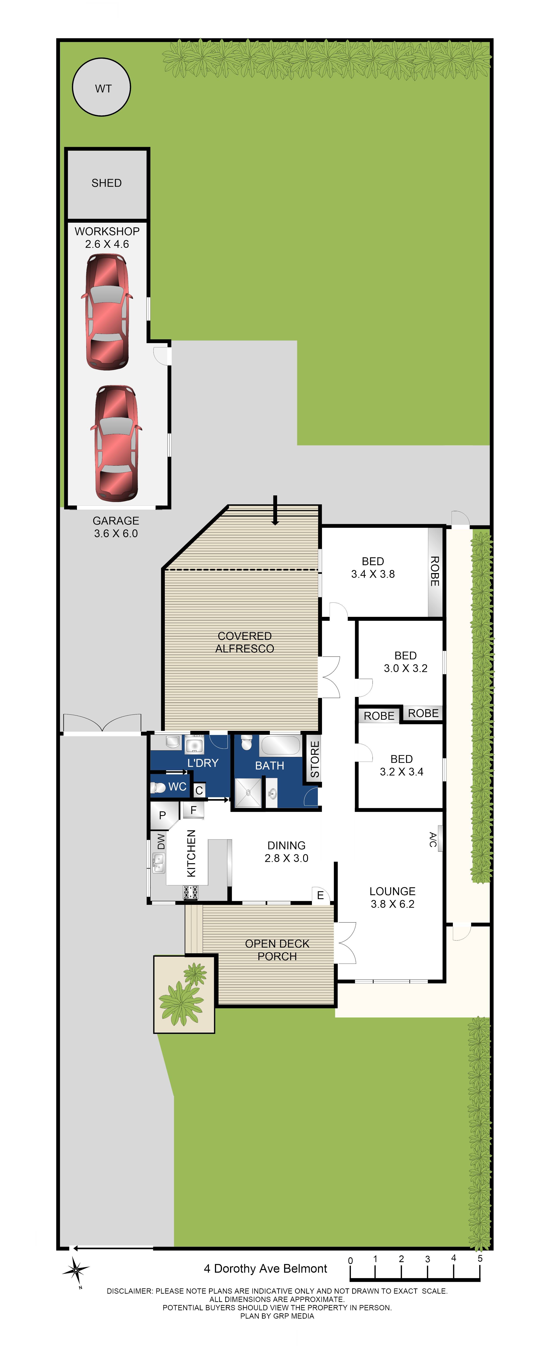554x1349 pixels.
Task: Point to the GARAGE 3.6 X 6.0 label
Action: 116,527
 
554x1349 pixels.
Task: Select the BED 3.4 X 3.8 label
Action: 373,568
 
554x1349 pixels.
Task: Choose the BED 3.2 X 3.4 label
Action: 402,765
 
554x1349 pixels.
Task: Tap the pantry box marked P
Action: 162,815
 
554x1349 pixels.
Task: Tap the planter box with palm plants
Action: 184,993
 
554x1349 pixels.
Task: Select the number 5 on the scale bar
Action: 480,1258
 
